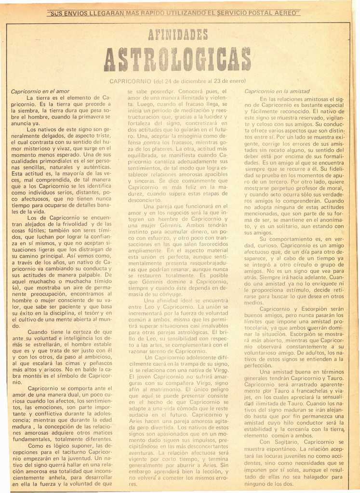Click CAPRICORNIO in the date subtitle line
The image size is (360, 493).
click(130, 81)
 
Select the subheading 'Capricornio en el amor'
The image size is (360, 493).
click(40, 91)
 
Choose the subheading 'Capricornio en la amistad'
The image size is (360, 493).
click(277, 91)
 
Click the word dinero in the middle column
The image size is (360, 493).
click(200, 231)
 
